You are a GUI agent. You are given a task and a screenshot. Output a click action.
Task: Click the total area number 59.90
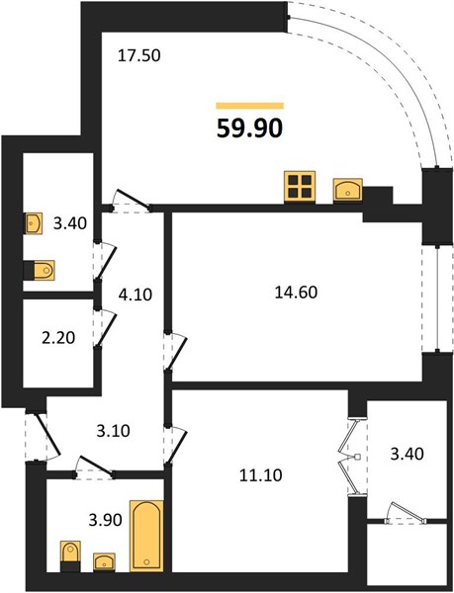249,128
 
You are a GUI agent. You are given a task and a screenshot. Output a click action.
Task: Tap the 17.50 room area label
139,56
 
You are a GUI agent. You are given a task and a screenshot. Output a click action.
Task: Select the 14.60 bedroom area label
296,293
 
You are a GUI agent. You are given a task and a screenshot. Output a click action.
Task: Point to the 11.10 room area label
261,475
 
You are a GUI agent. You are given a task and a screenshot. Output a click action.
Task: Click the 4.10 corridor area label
136,295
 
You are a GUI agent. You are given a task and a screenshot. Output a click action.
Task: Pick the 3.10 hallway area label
113,431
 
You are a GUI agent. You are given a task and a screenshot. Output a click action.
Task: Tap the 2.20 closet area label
58,337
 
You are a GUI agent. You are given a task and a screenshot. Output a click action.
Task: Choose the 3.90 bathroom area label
105,520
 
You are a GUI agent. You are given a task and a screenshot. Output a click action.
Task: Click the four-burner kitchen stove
300,187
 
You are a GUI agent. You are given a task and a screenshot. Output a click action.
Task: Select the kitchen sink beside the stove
348,190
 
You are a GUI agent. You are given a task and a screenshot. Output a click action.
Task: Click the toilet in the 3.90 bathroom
71,555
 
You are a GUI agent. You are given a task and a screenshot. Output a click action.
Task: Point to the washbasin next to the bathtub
105,562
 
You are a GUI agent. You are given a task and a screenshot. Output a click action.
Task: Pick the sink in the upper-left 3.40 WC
34,223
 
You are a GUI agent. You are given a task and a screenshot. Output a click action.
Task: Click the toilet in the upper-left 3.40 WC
40,271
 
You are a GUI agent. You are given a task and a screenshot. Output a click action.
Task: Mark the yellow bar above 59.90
249,106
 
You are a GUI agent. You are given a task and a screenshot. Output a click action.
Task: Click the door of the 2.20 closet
105,328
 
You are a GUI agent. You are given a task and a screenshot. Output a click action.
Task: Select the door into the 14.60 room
175,352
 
